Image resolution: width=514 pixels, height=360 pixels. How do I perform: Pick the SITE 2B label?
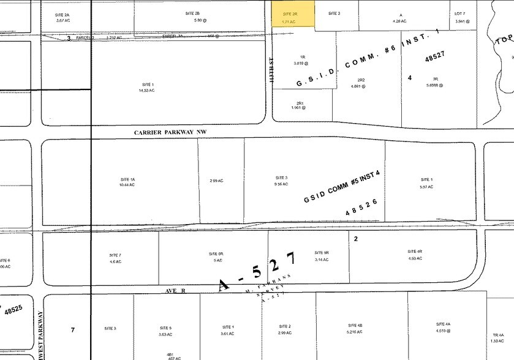[x=192, y=13]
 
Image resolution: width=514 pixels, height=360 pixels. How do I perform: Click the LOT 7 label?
[x=460, y=13]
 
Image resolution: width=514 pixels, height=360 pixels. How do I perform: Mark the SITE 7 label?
[x=115, y=254]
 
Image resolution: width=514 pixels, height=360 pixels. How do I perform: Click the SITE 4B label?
[x=356, y=326]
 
